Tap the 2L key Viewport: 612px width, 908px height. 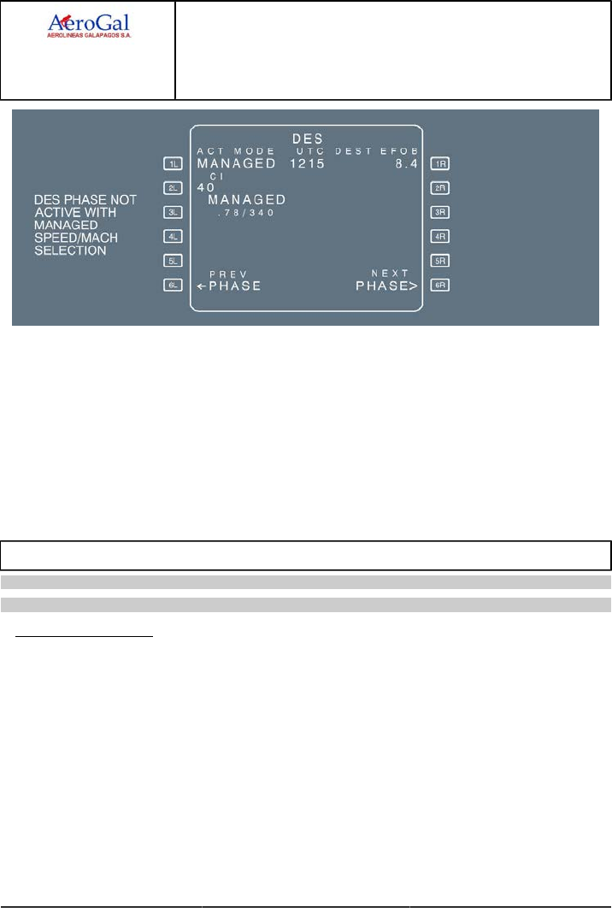(172, 187)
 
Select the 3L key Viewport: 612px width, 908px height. (172, 212)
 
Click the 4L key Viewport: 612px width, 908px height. (172, 236)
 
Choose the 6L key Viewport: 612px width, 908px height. (172, 286)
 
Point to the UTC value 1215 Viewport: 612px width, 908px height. (305, 162)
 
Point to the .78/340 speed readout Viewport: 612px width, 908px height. (245, 213)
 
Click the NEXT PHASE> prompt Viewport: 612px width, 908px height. (386, 286)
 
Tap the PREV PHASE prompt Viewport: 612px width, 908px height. (229, 286)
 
